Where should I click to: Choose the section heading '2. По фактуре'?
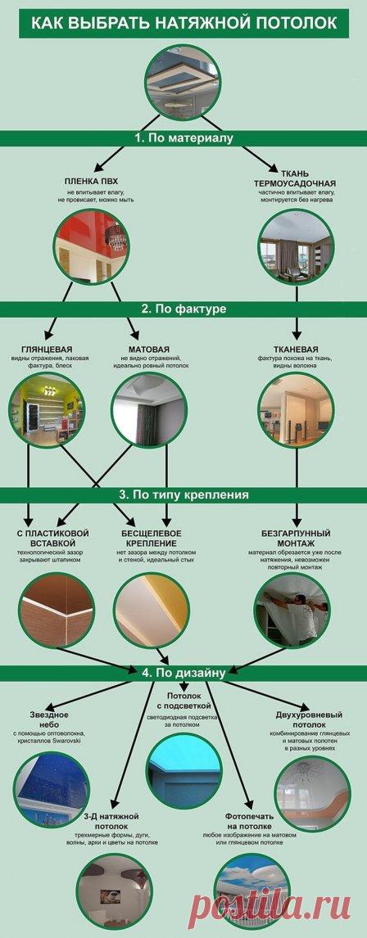(x=183, y=309)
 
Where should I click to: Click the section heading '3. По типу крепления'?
(x=183, y=495)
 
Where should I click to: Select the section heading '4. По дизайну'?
(x=183, y=674)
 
